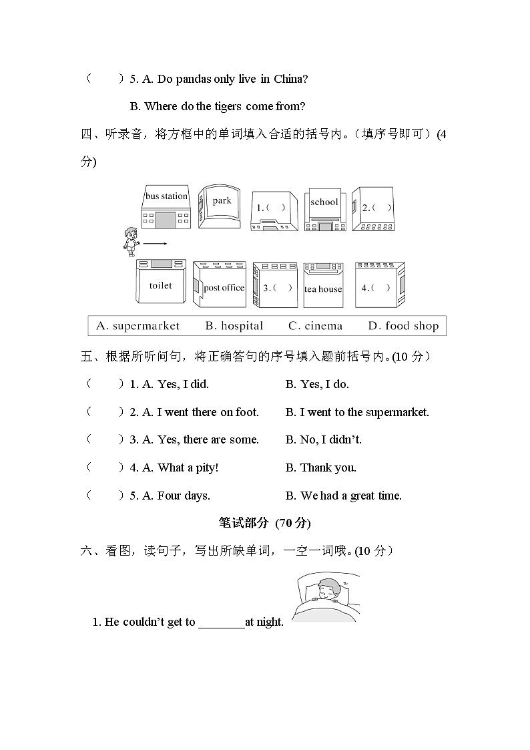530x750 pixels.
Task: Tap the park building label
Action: pos(222,201)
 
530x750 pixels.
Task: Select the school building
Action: pos(324,208)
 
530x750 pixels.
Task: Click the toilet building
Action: pos(160,285)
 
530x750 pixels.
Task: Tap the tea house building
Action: pos(323,285)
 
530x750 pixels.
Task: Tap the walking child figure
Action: pos(131,241)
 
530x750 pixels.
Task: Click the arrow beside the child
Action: pos(155,244)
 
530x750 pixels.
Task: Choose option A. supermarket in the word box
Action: pos(138,326)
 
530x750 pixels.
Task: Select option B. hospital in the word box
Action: pos(234,326)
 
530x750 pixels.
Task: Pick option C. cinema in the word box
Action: pos(315,326)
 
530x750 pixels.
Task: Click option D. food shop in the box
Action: pos(403,326)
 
